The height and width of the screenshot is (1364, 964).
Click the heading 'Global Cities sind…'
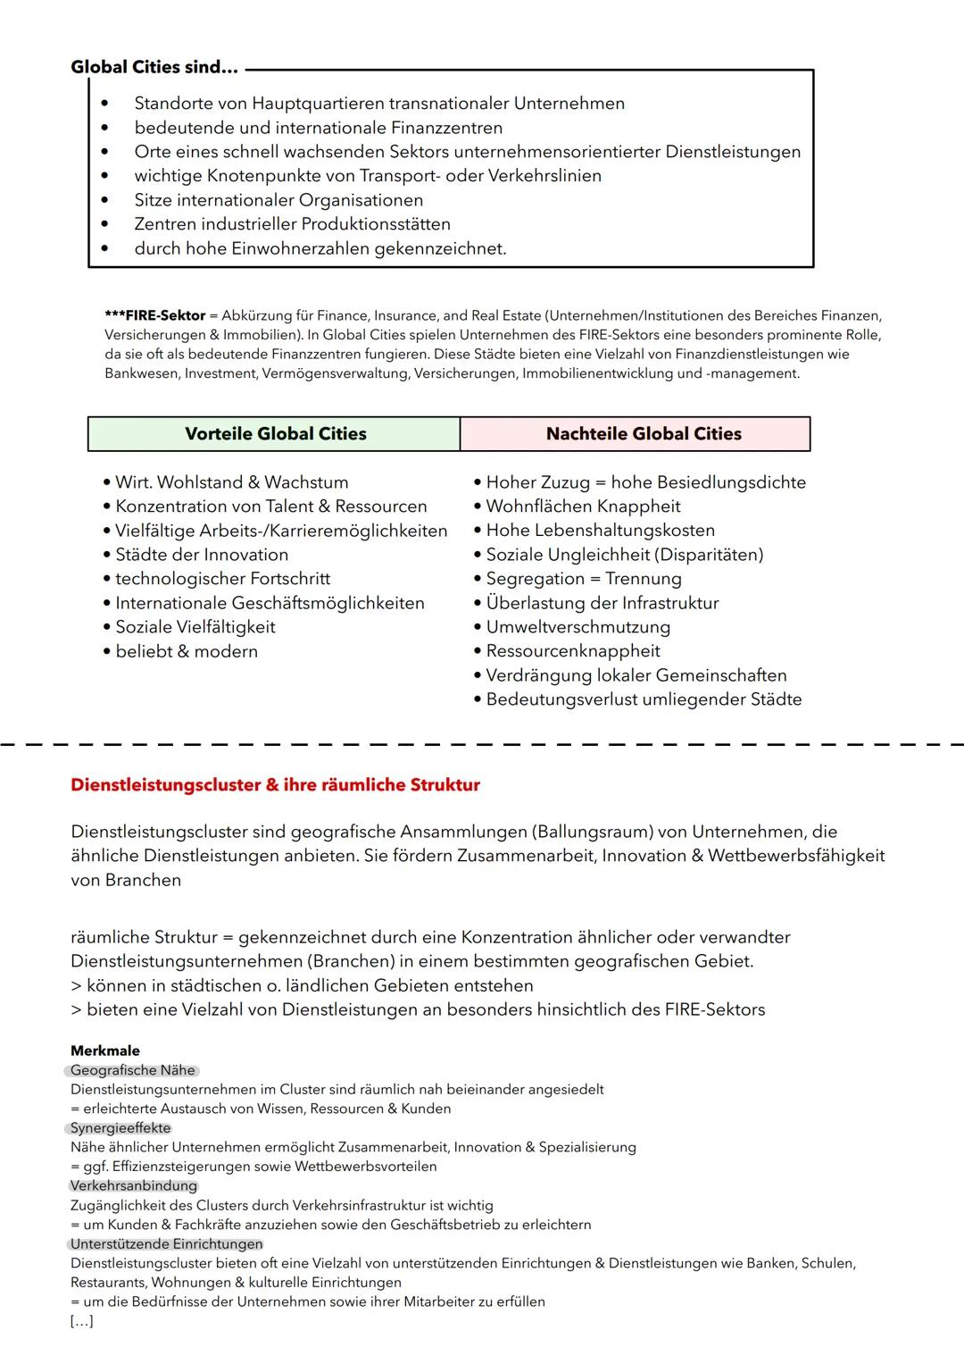(x=154, y=67)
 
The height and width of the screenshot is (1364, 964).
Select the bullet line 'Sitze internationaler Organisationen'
(x=278, y=200)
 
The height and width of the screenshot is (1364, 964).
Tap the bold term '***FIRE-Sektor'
(x=154, y=315)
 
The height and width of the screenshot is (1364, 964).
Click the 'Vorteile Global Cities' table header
(x=275, y=434)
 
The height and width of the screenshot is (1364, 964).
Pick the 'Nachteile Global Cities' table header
(x=644, y=434)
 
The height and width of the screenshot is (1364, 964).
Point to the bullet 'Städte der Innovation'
(x=202, y=555)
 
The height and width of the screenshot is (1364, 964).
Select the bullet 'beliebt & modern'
(x=187, y=651)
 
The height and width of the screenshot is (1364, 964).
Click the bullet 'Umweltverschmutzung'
(x=578, y=627)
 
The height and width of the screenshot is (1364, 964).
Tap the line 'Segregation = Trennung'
(x=583, y=579)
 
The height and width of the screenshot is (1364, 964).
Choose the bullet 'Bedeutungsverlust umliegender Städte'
(x=644, y=699)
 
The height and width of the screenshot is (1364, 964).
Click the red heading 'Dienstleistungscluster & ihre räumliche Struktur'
(x=275, y=785)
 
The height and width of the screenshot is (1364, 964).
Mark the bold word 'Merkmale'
(x=105, y=1050)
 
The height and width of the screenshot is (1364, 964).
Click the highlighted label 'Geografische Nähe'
(x=133, y=1070)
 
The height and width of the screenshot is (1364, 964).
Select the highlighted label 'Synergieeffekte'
(x=120, y=1128)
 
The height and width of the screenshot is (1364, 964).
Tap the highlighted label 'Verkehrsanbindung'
(x=134, y=1185)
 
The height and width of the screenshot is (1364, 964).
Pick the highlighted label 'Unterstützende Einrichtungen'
(x=167, y=1243)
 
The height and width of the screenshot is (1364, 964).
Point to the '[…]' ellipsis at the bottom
(x=81, y=1321)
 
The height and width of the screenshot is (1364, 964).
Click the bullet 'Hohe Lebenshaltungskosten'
(x=600, y=531)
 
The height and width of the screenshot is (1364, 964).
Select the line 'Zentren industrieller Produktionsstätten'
(x=292, y=224)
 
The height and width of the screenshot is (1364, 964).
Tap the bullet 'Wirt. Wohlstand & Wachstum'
(x=232, y=482)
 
